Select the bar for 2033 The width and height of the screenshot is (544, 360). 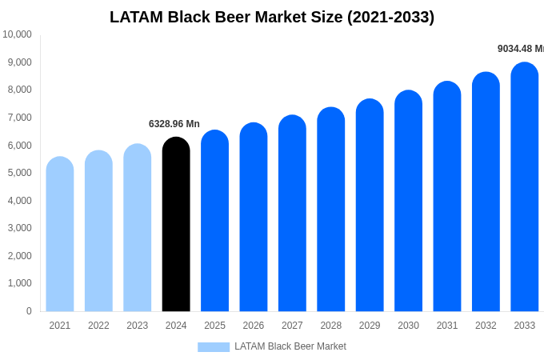(524, 187)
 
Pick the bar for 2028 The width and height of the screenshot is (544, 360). (330, 210)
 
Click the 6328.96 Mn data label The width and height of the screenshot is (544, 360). (174, 124)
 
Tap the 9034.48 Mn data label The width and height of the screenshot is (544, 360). (520, 49)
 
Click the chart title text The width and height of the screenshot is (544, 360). (272, 17)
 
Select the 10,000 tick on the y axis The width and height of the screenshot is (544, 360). (18, 34)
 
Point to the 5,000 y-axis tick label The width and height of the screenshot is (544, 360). (18, 173)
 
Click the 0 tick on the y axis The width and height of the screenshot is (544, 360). (29, 311)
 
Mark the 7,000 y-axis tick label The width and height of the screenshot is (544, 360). (18, 118)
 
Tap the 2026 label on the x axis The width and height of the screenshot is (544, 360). (254, 326)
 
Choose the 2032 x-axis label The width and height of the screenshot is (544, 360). (486, 326)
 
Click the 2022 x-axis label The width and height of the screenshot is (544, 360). (98, 326)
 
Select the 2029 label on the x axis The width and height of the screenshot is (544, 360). (370, 326)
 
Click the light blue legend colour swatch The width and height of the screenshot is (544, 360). (214, 347)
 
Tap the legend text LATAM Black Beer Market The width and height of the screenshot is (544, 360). (290, 346)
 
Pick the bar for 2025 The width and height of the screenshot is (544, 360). (214, 221)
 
